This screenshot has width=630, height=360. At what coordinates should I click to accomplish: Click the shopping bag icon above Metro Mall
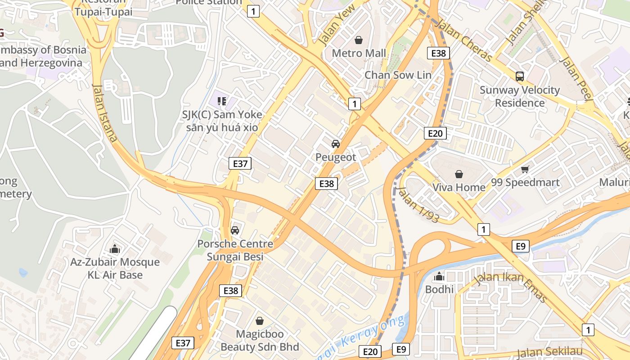coord(359,40)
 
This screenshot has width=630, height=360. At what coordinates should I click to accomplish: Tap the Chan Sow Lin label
coord(398,75)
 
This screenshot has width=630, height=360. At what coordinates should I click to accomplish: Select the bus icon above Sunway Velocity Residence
coord(520,76)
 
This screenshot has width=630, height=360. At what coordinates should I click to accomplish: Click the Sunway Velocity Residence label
coord(520,96)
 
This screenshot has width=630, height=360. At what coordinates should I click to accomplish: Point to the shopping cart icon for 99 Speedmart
coord(525,169)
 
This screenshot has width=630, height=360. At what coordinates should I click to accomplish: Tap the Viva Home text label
coord(459,187)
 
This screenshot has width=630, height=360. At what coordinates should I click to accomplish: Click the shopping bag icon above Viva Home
coord(459,174)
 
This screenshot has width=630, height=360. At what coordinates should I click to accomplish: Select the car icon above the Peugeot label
coord(336,144)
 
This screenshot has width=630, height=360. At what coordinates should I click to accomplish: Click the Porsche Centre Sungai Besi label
coord(235,250)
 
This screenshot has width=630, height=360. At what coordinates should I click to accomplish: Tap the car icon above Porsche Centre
coord(235,230)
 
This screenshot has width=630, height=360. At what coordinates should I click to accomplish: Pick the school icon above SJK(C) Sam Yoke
coord(222,101)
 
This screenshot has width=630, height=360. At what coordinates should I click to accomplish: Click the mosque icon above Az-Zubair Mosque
coord(115,248)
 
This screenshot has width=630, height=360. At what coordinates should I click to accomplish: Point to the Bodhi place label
coord(439,289)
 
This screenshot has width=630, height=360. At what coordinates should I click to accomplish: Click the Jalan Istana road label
coord(104,112)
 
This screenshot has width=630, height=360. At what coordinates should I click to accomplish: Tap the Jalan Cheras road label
coord(464,40)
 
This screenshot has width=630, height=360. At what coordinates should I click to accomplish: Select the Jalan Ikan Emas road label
coord(511,288)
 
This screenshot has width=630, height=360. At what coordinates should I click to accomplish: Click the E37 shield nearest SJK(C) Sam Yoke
coord(240,163)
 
